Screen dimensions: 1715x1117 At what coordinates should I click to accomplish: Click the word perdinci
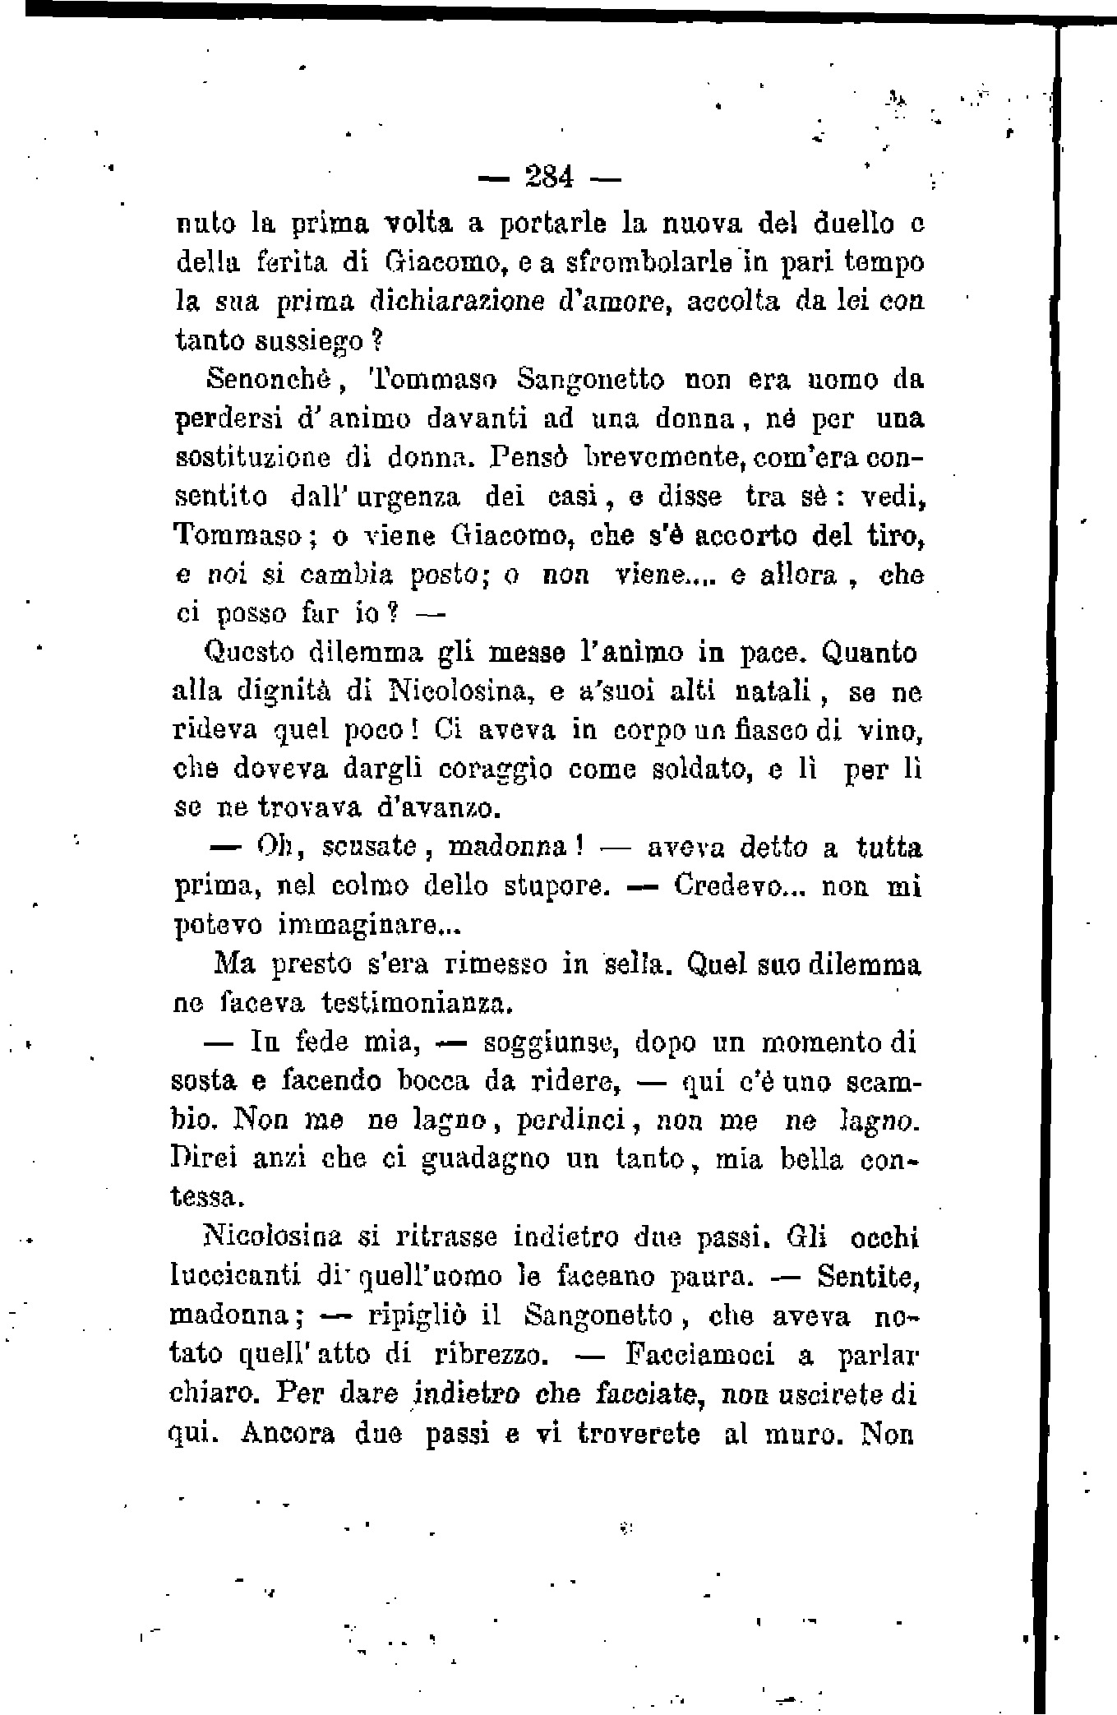point(572,1121)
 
